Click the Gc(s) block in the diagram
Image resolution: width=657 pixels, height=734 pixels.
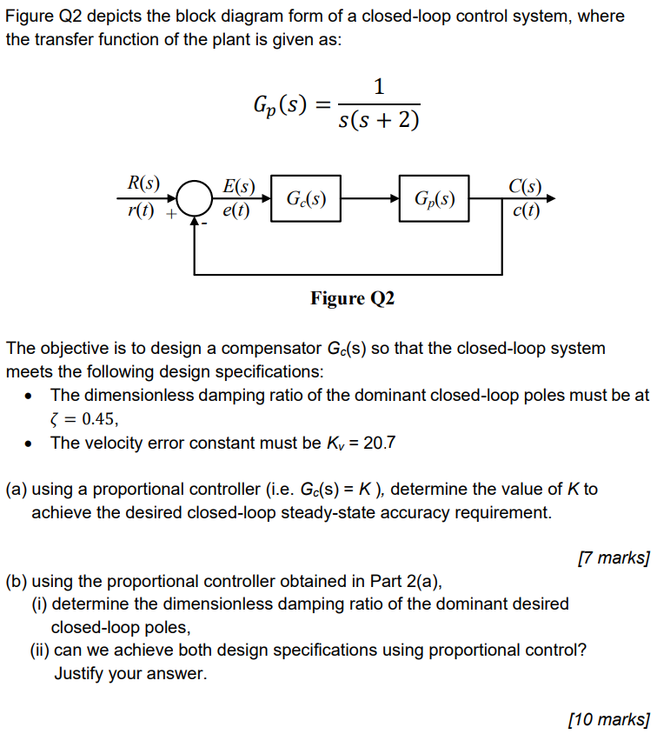pyautogui.click(x=306, y=198)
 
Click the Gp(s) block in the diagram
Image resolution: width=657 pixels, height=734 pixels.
pyautogui.click(x=434, y=198)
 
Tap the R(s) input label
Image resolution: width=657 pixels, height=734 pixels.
pyautogui.click(x=143, y=183)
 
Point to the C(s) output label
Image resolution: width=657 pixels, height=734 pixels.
pyautogui.click(x=525, y=185)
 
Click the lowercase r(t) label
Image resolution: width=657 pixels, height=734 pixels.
pyautogui.click(x=142, y=210)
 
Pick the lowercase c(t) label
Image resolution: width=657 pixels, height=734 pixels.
pyautogui.click(x=525, y=210)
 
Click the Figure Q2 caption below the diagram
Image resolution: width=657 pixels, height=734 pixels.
pyautogui.click(x=352, y=298)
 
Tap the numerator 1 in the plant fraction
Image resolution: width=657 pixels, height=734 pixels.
pyautogui.click(x=378, y=86)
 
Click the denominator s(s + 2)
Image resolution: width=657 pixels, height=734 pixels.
pyautogui.click(x=378, y=119)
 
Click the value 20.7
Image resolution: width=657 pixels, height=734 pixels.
pyautogui.click(x=379, y=443)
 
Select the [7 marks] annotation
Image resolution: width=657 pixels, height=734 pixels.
pyautogui.click(x=614, y=557)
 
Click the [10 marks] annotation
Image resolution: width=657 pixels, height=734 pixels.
pyautogui.click(x=608, y=718)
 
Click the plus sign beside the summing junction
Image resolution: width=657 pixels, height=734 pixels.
pyautogui.click(x=172, y=211)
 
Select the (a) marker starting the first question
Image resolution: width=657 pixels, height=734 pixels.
pyautogui.click(x=17, y=489)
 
